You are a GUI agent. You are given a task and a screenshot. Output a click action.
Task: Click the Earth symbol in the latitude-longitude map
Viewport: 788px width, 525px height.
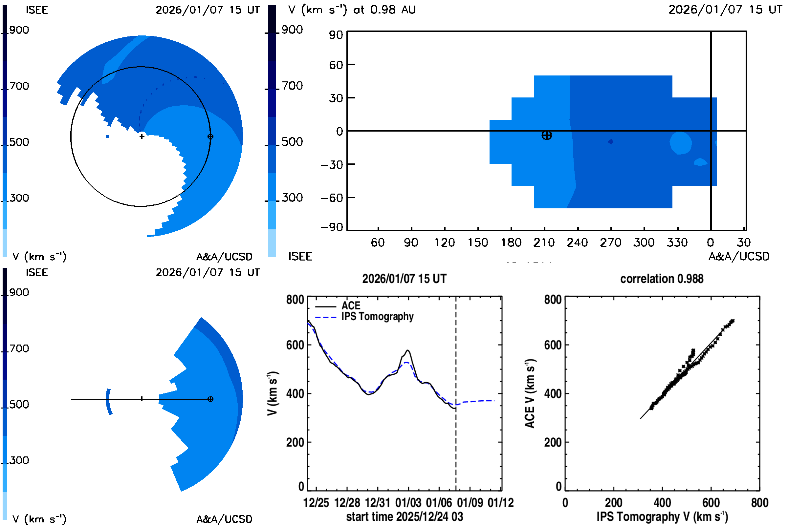pyautogui.click(x=546, y=135)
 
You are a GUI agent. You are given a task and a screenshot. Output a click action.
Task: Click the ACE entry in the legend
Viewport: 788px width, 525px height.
pyautogui.click(x=350, y=306)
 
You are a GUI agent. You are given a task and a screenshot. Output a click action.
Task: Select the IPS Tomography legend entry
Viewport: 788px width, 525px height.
pyautogui.click(x=377, y=316)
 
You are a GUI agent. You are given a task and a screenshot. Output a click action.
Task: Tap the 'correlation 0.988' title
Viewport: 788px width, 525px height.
pyautogui.click(x=661, y=279)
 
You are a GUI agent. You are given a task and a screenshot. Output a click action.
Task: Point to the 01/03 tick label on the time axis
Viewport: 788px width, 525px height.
pyautogui.click(x=408, y=503)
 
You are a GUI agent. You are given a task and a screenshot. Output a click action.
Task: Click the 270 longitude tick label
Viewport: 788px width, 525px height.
pyautogui.click(x=610, y=242)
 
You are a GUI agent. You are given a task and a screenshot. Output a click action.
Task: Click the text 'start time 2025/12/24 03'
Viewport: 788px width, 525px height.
pyautogui.click(x=405, y=516)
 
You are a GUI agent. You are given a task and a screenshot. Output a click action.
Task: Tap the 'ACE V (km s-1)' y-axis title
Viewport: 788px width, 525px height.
pyautogui.click(x=530, y=393)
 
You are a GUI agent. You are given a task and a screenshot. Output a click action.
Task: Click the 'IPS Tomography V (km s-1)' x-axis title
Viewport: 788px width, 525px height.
pyautogui.click(x=662, y=516)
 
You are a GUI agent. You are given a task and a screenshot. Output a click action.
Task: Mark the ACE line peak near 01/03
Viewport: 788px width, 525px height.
pyautogui.click(x=408, y=350)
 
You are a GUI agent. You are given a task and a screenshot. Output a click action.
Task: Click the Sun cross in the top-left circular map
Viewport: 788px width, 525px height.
pyautogui.click(x=142, y=136)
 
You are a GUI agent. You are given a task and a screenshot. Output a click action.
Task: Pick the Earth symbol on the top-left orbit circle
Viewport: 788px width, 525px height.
pyautogui.click(x=210, y=136)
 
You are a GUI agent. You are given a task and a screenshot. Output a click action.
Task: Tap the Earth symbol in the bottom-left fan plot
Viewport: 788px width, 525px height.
pyautogui.click(x=210, y=399)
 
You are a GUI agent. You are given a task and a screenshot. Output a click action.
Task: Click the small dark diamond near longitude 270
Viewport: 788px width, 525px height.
pyautogui.click(x=610, y=142)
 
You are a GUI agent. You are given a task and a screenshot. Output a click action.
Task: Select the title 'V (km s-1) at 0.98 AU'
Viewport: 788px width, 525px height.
pyautogui.click(x=352, y=10)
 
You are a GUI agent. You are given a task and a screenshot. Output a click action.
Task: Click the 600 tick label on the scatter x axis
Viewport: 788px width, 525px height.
pyautogui.click(x=711, y=503)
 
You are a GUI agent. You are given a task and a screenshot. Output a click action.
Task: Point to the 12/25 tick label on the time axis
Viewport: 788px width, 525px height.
pyautogui.click(x=316, y=503)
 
